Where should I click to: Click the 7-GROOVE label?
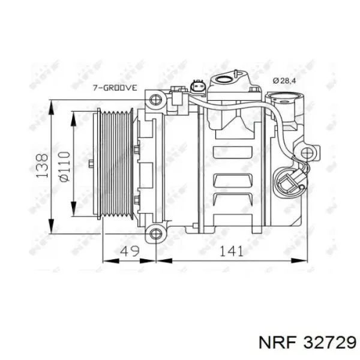(x=115, y=88)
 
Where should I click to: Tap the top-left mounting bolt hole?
(x=156, y=98)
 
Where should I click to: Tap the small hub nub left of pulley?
(x=89, y=163)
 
